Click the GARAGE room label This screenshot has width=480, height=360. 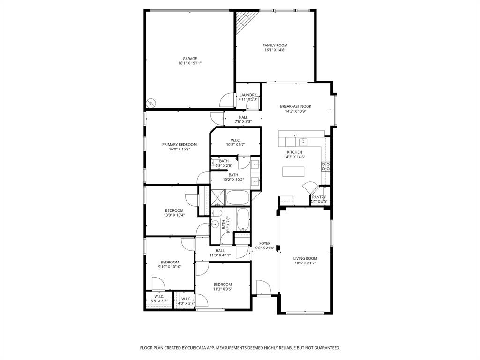point(189,59)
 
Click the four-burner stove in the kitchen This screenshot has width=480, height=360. point(325,166)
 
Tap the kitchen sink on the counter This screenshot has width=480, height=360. point(303,141)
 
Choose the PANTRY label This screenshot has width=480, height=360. point(319,197)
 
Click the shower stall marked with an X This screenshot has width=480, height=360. point(217,197)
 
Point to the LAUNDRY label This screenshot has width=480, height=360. point(248,95)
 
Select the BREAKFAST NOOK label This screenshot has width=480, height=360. point(295,106)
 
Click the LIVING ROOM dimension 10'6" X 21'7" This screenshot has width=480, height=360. point(305,263)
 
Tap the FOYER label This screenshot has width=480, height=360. point(265,243)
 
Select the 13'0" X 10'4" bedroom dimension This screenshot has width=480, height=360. point(174,216)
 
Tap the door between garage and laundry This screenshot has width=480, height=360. point(228,99)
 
